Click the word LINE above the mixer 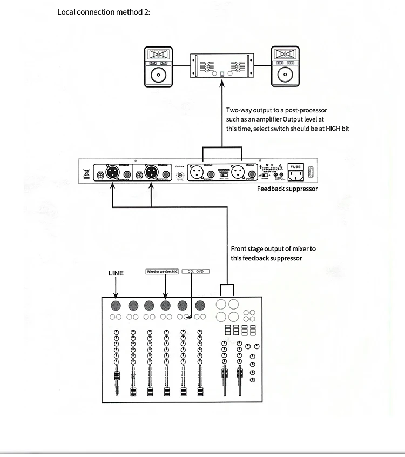tap(116, 273)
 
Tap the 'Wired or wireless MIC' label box tap(162, 271)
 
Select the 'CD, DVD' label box tap(195, 271)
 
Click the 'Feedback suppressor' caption tap(287, 189)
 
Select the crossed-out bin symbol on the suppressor tap(86, 174)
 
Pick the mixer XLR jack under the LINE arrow tap(116, 305)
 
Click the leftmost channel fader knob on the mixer tap(116, 377)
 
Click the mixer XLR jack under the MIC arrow tap(166, 305)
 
